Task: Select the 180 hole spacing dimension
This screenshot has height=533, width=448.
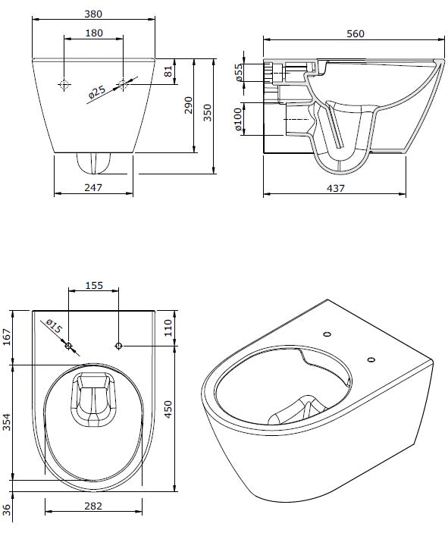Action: [94, 33]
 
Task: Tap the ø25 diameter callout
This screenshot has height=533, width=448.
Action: [97, 92]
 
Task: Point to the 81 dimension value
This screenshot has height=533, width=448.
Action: [169, 72]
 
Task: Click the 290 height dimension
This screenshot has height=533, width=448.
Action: [188, 107]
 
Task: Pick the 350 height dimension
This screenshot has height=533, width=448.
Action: [207, 111]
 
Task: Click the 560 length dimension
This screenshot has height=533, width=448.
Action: [355, 33]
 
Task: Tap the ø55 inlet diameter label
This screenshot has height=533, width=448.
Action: [239, 72]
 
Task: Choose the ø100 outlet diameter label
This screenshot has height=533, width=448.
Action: [239, 120]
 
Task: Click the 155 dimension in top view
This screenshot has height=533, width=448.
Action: [94, 286]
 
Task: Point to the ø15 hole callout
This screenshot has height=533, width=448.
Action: [53, 327]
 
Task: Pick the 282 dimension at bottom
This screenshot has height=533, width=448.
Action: [92, 506]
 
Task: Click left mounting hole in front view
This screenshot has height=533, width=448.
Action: [65, 85]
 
